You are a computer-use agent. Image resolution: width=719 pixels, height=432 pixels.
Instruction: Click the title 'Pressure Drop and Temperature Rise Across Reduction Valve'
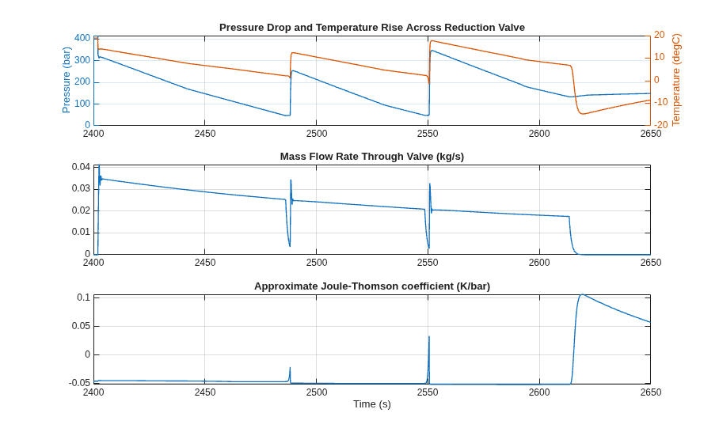[372, 28]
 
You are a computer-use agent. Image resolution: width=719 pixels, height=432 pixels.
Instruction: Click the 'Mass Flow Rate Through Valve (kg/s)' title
[372, 157]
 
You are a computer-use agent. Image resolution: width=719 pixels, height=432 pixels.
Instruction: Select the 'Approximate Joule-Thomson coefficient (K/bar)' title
[372, 286]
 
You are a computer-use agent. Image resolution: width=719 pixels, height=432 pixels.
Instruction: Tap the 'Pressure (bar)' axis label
[66, 80]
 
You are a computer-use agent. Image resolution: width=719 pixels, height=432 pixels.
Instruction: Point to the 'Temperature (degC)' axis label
[676, 80]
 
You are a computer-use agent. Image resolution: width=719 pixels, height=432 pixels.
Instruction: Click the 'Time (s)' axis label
[372, 404]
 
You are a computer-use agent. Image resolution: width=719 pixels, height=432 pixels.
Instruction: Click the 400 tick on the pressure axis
[82, 38]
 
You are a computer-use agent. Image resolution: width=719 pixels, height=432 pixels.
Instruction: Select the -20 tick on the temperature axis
[660, 124]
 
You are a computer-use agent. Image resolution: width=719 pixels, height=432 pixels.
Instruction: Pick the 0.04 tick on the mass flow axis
[81, 167]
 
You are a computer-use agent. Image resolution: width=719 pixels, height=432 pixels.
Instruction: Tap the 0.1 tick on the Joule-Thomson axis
[83, 297]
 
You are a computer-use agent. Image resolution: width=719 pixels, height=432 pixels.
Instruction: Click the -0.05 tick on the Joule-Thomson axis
[79, 382]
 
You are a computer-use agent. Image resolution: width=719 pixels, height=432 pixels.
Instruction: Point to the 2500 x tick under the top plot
[317, 134]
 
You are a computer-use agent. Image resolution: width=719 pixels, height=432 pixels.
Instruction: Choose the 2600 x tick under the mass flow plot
[539, 263]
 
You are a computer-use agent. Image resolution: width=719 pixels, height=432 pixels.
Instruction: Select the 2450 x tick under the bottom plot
[205, 392]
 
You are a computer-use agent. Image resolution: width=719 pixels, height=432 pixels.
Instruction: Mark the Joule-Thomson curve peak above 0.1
[582, 294]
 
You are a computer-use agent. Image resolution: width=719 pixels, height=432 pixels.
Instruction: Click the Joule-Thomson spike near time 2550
[429, 337]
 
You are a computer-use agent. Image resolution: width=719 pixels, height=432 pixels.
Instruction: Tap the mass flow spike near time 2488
[291, 180]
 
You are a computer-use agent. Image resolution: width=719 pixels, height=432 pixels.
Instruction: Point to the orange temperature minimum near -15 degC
[583, 114]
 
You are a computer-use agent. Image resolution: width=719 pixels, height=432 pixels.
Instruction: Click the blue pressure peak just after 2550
[432, 51]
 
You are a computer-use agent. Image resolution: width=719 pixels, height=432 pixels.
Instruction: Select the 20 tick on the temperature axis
[660, 35]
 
